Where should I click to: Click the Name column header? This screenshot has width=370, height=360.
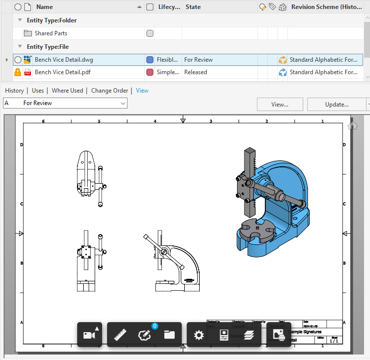pyautogui.click(x=44, y=7)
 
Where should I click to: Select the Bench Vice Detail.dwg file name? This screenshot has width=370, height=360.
pyautogui.click(x=64, y=60)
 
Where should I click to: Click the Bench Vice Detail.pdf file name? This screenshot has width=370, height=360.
pyautogui.click(x=62, y=72)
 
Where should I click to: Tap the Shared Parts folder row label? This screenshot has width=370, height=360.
pyautogui.click(x=51, y=33)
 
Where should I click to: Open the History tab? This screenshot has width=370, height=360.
pyautogui.click(x=14, y=91)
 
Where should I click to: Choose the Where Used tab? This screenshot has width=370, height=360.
pyautogui.click(x=67, y=91)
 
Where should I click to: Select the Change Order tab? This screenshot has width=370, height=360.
pyautogui.click(x=110, y=91)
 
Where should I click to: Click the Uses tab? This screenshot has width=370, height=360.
pyautogui.click(x=38, y=91)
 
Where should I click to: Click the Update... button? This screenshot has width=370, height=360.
pyautogui.click(x=337, y=105)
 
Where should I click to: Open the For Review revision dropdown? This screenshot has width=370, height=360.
pyautogui.click(x=65, y=103)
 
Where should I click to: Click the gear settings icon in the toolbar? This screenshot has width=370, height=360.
pyautogui.click(x=199, y=335)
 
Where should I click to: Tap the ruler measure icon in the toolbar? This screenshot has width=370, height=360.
pyautogui.click(x=119, y=335)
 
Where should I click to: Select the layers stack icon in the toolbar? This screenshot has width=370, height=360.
pyautogui.click(x=249, y=335)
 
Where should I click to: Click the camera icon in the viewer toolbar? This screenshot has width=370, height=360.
pyautogui.click(x=90, y=335)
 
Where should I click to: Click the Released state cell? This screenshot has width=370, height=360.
pyautogui.click(x=196, y=72)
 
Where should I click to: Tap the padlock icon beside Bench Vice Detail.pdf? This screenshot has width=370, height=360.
pyautogui.click(x=17, y=72)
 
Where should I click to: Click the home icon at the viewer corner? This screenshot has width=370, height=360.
pyautogui.click(x=353, y=125)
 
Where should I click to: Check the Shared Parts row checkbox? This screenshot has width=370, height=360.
pyautogui.click(x=150, y=33)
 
